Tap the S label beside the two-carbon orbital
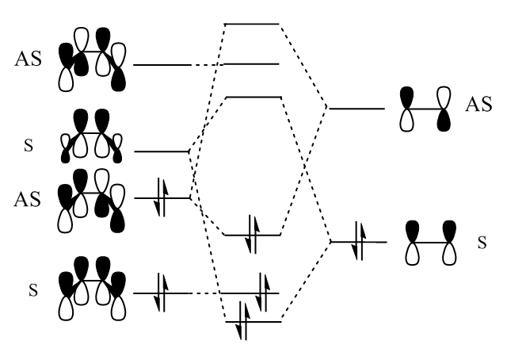click(x=482, y=241)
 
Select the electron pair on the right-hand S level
click(x=359, y=240)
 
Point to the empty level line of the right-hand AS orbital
click(x=357, y=109)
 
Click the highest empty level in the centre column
click(x=252, y=24)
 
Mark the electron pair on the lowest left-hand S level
click(x=162, y=293)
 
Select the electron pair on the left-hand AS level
click(x=162, y=198)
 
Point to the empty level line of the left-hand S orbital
click(x=162, y=151)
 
